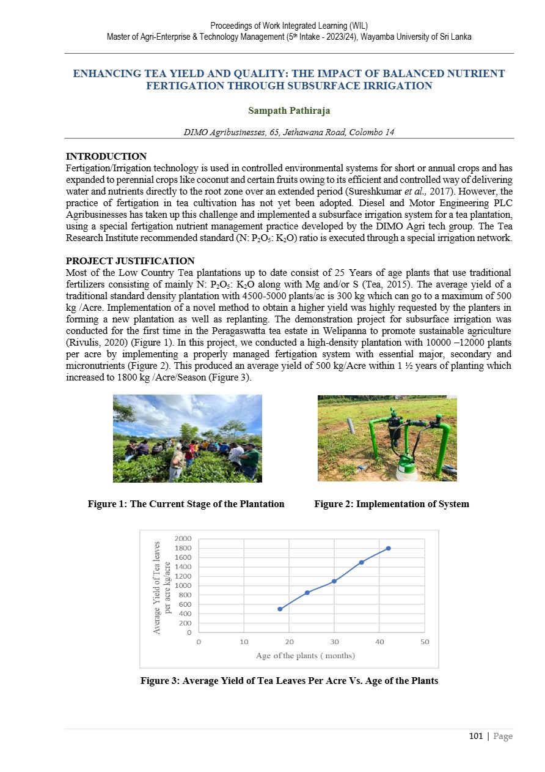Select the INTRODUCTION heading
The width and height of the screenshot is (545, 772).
point(106,157)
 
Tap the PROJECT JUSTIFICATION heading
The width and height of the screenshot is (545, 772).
point(130,261)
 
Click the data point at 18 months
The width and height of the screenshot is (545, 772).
point(280,609)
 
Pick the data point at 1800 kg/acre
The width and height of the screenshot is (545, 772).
point(389,548)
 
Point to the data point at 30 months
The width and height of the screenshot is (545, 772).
point(334,581)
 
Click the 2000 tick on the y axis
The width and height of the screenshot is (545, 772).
point(183,538)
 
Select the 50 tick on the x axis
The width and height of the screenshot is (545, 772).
point(425,642)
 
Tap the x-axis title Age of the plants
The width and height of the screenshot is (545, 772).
point(305,655)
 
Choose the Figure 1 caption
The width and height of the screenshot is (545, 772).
point(186,504)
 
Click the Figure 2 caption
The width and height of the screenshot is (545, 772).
point(392,504)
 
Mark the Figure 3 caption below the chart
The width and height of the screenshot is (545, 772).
point(289,680)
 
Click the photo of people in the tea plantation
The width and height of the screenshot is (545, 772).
point(187,438)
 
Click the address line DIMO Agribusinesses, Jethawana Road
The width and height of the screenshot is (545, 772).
point(288,133)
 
